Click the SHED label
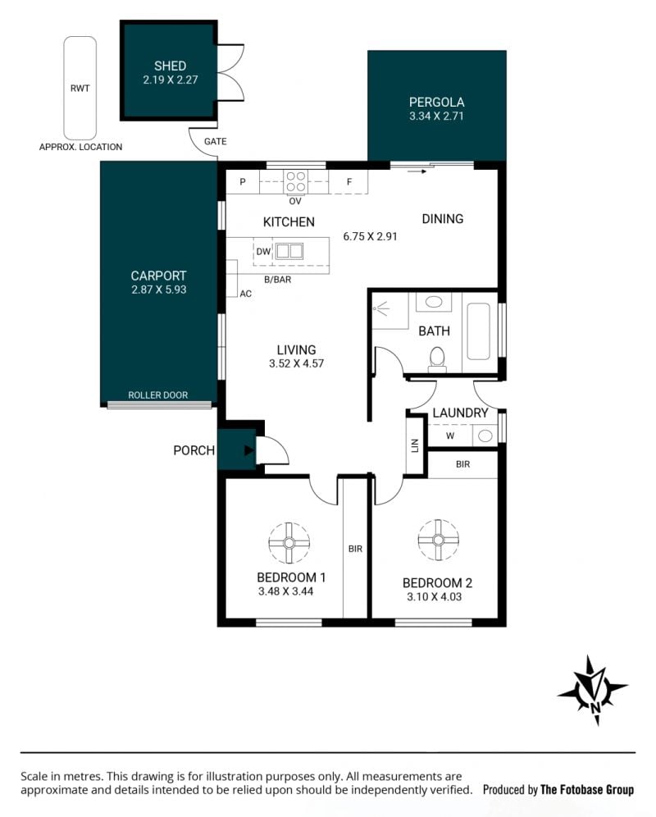pyautogui.click(x=170, y=66)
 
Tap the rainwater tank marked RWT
pyautogui.click(x=80, y=88)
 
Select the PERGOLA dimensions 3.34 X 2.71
pyautogui.click(x=436, y=116)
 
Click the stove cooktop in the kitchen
pyautogui.click(x=295, y=182)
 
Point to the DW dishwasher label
pyautogui.click(x=263, y=252)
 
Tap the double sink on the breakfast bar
pyautogui.click(x=289, y=251)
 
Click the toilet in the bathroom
pyautogui.click(x=437, y=360)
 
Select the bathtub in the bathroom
pyautogui.click(x=478, y=331)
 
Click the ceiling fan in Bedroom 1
pyautogui.click(x=289, y=543)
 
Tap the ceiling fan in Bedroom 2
pyautogui.click(x=438, y=540)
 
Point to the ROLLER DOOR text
pyautogui.click(x=158, y=395)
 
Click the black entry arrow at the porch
pyautogui.click(x=249, y=450)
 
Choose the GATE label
pyautogui.click(x=215, y=141)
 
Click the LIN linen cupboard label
pyautogui.click(x=415, y=445)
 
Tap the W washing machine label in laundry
pyautogui.click(x=450, y=436)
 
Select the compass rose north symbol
pyautogui.click(x=594, y=691)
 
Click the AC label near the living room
pyautogui.click(x=245, y=294)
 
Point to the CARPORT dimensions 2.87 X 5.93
pyautogui.click(x=158, y=290)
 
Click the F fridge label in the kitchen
pyautogui.click(x=349, y=182)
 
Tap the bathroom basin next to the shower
pyautogui.click(x=434, y=302)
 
